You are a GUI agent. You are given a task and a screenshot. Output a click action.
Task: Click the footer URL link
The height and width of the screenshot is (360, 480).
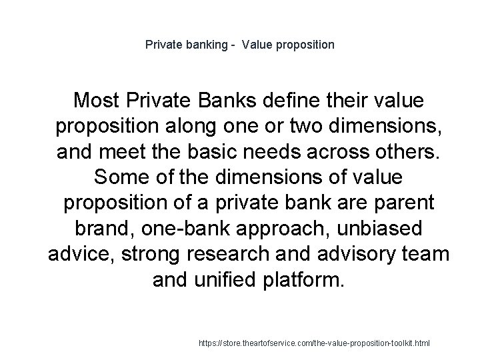coord(315,343)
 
